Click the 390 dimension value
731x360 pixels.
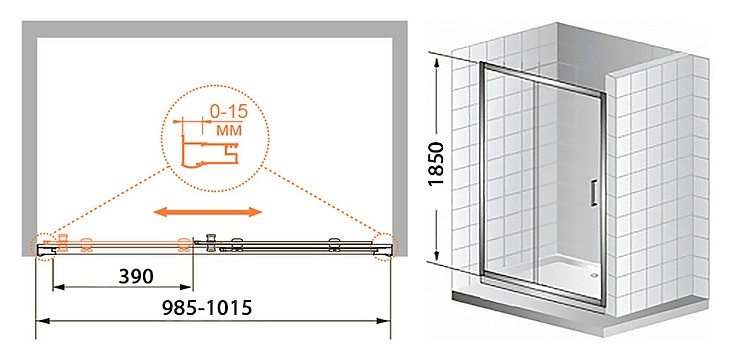coord(136,277)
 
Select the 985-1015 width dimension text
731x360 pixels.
coord(207,308)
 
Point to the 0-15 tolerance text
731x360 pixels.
coord(228,113)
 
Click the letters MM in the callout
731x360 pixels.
coord(229,130)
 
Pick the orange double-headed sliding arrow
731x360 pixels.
coord(208,212)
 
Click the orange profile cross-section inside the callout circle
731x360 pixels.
coord(208,150)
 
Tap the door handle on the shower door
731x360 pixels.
coord(594,193)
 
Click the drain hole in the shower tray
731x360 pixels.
coord(593,275)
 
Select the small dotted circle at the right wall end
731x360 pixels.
coord(385,246)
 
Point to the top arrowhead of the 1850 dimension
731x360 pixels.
coord(437,64)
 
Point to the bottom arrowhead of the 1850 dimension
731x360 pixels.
coord(437,255)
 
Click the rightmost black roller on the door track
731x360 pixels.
coord(334,244)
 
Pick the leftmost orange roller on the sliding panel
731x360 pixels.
coord(63,243)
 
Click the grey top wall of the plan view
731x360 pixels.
coord(214,29)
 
